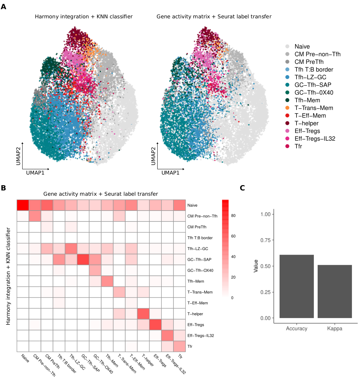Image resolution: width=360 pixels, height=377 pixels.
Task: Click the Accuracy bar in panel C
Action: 296,286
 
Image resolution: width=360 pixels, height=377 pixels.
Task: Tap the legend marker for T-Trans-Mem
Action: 288,108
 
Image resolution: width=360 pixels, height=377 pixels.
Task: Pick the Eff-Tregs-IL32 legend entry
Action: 315,139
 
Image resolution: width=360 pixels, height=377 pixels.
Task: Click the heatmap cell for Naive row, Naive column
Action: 23,205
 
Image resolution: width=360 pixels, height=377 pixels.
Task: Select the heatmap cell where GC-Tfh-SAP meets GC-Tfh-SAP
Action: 83,260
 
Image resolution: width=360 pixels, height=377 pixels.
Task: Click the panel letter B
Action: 3,188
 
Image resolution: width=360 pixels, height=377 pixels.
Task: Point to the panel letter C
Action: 243,188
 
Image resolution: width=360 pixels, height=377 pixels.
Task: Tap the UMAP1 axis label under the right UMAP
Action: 170,173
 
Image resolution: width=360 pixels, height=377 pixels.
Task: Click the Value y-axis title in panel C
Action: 256,266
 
